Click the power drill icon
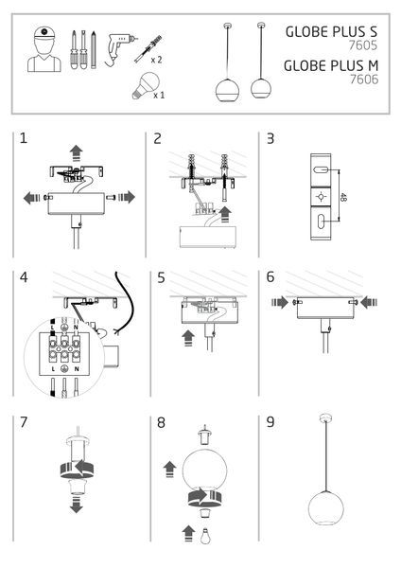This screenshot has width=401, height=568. pyautogui.click(x=118, y=44)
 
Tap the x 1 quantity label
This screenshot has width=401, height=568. pyautogui.click(x=160, y=96)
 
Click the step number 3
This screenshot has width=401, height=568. pyautogui.click(x=270, y=138)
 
